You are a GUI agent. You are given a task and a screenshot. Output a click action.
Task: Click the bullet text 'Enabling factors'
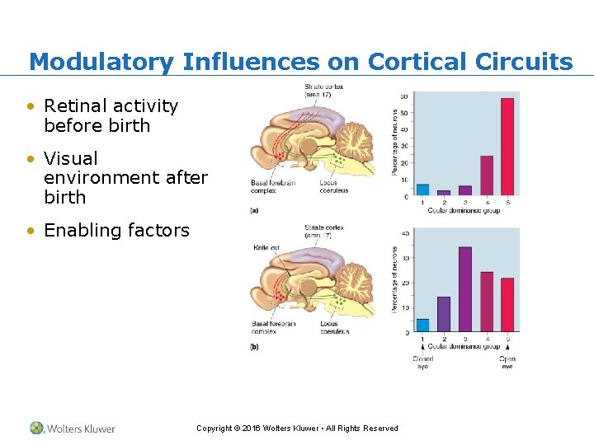click(116, 231)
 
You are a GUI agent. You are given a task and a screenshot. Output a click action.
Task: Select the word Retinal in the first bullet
click(76, 106)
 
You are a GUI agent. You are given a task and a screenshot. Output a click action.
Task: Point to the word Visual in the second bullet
click(71, 158)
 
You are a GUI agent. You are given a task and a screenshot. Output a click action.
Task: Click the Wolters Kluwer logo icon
click(37, 428)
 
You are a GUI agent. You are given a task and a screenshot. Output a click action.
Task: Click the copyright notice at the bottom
click(297, 429)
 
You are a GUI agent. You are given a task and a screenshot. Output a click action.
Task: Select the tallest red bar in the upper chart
click(507, 146)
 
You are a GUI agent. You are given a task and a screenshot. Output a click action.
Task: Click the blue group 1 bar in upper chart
click(422, 189)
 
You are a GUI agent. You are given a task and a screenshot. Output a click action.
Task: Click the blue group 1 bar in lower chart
click(422, 325)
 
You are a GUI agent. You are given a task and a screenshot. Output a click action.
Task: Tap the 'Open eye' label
click(507, 363)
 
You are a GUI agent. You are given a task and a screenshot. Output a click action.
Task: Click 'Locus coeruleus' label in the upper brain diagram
click(334, 187)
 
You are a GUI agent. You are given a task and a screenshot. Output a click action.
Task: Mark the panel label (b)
click(254, 347)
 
